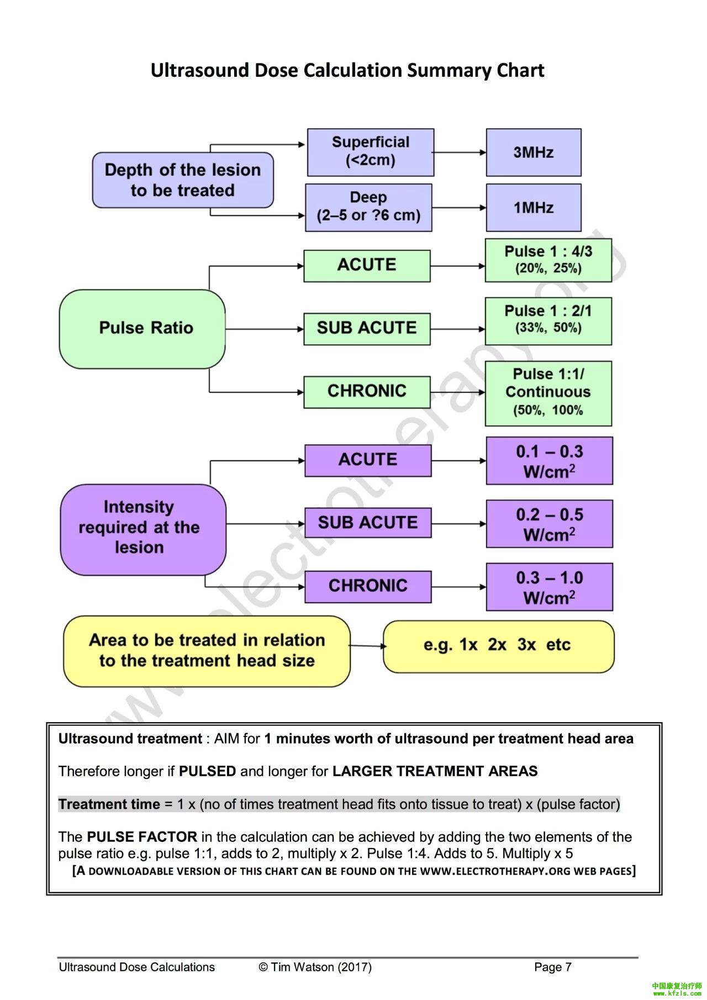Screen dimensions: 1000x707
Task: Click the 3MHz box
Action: point(534,152)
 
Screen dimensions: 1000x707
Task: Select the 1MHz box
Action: point(534,208)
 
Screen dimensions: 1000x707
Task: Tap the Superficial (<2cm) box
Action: point(371,152)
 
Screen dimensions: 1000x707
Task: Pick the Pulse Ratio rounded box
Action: point(143,329)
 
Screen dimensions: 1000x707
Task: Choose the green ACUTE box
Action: point(367,266)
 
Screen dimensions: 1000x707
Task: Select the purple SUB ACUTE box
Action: point(368,523)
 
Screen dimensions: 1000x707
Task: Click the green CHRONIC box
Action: point(367,392)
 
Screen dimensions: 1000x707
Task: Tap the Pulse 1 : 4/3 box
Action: point(548,260)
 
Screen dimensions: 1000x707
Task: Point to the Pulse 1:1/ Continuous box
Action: point(548,393)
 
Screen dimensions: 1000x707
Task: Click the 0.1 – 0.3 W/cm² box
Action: point(550,461)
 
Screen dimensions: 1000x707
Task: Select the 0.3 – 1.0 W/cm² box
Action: point(550,587)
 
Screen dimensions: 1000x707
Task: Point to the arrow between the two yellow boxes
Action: point(367,646)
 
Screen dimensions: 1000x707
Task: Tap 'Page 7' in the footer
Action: point(552,967)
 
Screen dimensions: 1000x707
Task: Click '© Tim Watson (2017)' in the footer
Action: point(315,967)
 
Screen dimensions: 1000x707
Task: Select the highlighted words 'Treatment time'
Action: point(109,804)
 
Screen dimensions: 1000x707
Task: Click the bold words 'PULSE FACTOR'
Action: point(142,837)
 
